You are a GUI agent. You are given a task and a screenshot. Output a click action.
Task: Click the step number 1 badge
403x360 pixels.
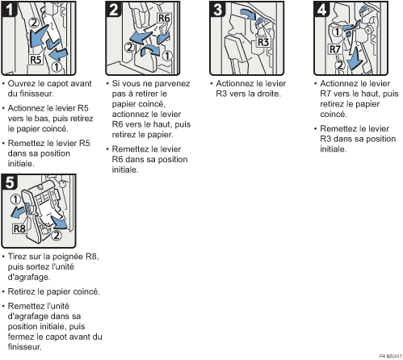[x=9, y=9]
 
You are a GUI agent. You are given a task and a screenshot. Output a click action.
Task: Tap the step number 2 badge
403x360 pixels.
[x=113, y=9]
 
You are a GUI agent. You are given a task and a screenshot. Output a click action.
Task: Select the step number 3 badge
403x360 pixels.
[x=217, y=9]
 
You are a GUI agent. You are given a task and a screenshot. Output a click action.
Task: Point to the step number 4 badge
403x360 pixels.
[x=321, y=9]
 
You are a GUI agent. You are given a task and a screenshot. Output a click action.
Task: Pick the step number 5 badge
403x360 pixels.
[x=9, y=182]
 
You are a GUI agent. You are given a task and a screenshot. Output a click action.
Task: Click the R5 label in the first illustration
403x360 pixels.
[x=36, y=60]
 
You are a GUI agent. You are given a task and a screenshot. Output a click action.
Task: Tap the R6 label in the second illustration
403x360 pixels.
[x=164, y=19]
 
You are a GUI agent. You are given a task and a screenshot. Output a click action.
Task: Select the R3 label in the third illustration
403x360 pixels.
[x=263, y=42]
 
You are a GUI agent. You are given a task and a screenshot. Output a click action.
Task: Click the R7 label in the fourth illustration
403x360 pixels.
[x=335, y=49]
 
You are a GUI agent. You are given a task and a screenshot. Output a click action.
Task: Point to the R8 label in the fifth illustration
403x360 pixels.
[x=19, y=228]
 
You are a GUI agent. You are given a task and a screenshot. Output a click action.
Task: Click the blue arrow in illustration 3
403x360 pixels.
[x=248, y=14]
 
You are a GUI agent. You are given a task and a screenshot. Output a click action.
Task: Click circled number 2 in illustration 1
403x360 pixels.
[x=34, y=23]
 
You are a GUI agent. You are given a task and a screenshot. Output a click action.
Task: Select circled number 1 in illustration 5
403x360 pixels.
[x=15, y=199]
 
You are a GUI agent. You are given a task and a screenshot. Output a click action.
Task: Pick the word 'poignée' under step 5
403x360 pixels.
[x=67, y=257]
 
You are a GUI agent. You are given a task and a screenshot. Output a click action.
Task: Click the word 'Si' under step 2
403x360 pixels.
[x=115, y=83]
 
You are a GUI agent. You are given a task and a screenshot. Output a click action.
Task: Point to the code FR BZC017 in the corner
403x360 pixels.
[x=391, y=356]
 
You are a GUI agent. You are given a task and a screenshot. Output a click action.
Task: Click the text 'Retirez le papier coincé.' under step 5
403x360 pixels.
[x=54, y=291]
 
